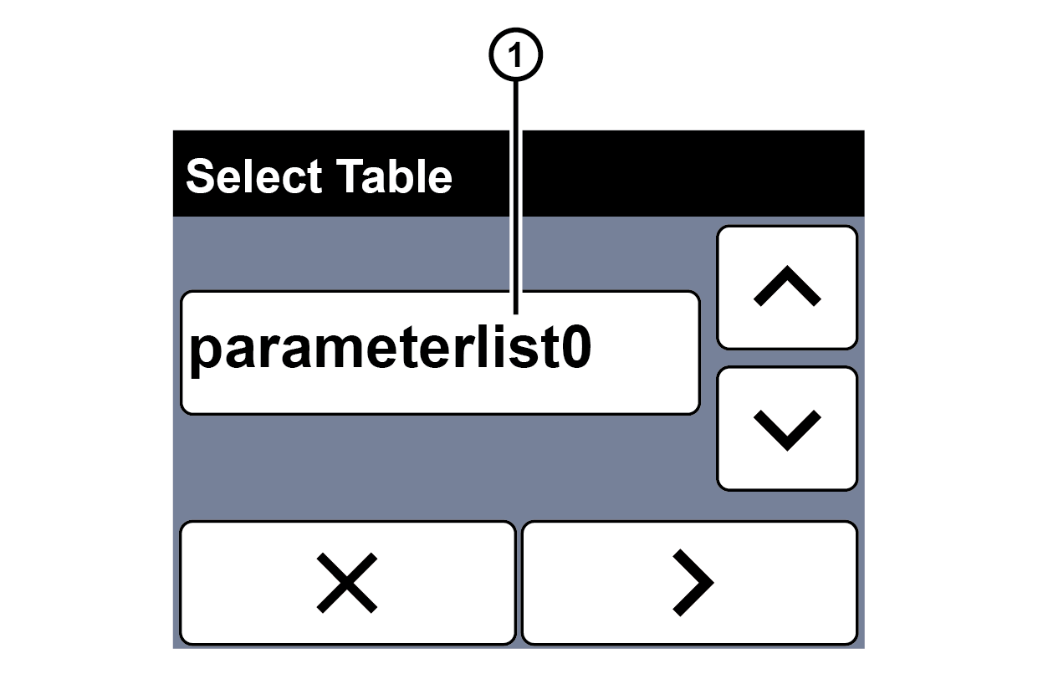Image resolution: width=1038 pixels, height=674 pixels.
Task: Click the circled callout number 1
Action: tap(516, 54)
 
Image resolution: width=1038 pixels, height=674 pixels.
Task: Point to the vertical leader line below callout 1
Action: tap(516, 197)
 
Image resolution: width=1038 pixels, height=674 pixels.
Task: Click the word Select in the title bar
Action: tap(253, 176)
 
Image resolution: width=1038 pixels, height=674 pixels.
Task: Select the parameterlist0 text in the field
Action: tap(390, 350)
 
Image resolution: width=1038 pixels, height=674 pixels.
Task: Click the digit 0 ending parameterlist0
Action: tap(576, 346)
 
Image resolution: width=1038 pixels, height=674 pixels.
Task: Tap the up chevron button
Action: tap(787, 287)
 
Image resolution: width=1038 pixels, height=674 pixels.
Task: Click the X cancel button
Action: tap(348, 582)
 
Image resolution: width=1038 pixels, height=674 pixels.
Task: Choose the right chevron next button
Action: tap(689, 582)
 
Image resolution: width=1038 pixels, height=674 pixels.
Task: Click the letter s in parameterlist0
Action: tap(522, 351)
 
